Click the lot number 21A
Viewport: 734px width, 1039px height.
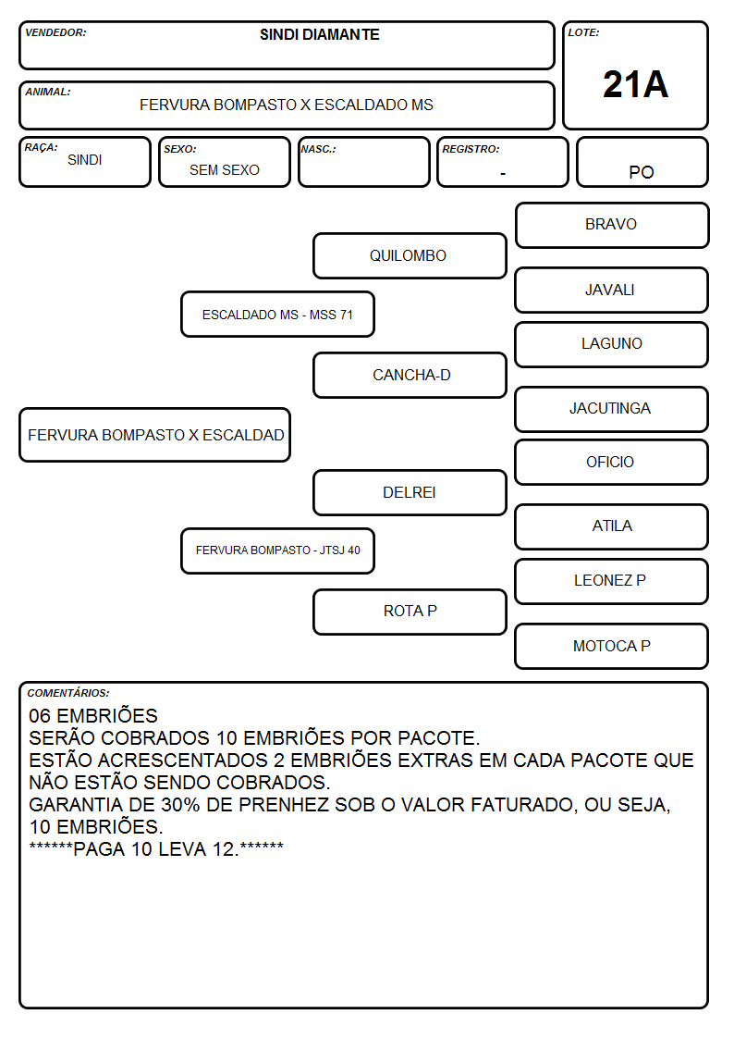click(635, 84)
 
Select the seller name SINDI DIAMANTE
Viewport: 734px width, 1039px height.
click(320, 34)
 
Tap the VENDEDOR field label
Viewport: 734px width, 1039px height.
click(55, 32)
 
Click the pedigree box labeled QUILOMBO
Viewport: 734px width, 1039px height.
click(410, 255)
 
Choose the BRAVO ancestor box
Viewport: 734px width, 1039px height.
click(612, 226)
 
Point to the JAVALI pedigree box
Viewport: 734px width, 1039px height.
click(612, 291)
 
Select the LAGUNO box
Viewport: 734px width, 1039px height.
click(612, 344)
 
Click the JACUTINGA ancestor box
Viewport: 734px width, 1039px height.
click(612, 409)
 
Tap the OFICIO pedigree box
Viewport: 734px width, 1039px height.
click(612, 463)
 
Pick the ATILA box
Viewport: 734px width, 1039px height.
click(612, 526)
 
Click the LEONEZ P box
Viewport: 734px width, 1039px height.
click(612, 581)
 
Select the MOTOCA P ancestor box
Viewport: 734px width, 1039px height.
click(612, 646)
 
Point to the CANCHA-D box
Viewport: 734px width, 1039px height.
click(410, 375)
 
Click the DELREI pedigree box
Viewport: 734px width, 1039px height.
click(410, 492)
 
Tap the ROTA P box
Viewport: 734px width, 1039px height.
click(410, 612)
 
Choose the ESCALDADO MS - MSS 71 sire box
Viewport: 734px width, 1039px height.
click(278, 314)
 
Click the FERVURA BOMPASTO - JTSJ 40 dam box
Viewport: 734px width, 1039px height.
click(278, 550)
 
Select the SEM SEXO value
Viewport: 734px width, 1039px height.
click(225, 170)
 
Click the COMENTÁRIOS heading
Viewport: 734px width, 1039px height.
click(68, 693)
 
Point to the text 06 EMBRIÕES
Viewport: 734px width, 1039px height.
click(93, 715)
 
